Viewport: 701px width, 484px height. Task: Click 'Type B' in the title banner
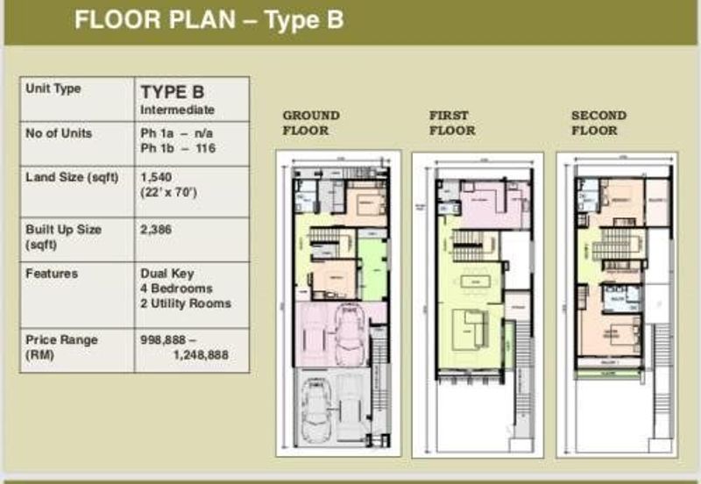[x=302, y=21]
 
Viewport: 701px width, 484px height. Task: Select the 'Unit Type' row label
[x=53, y=89]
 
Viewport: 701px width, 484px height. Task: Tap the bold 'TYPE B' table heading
[x=173, y=92]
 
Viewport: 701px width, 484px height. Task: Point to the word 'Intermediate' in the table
[x=177, y=110]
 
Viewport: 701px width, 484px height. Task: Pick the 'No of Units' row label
[x=59, y=133]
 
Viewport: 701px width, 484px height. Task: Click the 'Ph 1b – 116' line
[x=178, y=148]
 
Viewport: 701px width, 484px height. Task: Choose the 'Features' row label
[x=52, y=274]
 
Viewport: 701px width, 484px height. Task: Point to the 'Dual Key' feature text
[x=164, y=274]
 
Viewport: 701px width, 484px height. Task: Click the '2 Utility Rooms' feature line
[x=186, y=303]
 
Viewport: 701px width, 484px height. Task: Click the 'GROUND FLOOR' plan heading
[x=310, y=123]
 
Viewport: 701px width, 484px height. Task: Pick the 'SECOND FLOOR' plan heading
[x=598, y=123]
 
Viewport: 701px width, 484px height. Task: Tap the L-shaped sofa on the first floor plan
[x=468, y=330]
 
